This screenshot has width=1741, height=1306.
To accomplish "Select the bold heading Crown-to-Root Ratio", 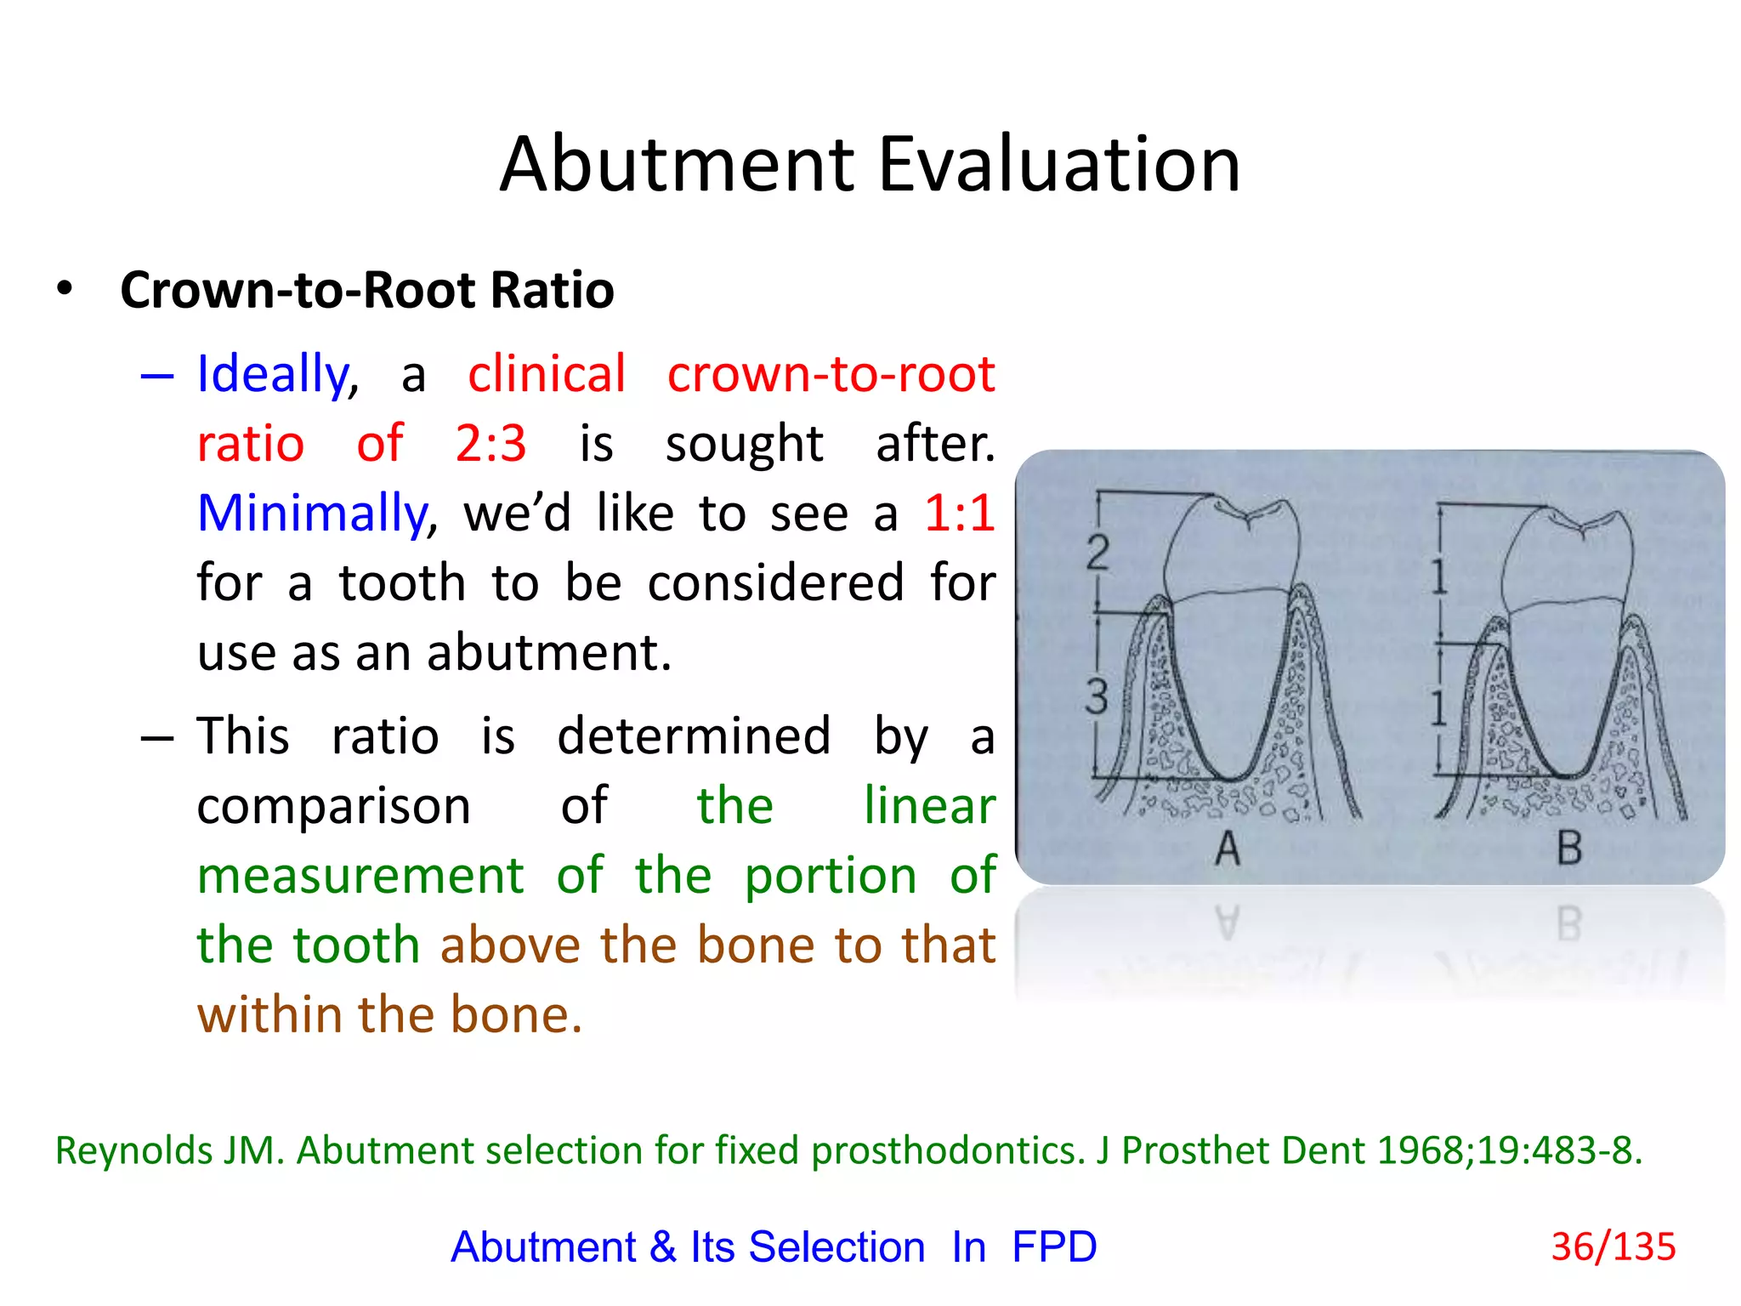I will [x=366, y=290].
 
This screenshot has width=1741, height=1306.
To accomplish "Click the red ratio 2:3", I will [x=491, y=443].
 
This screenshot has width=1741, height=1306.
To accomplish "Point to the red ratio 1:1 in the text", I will [x=959, y=514].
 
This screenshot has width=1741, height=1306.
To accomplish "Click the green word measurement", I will [x=360, y=876].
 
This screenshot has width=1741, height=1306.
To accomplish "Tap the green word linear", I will [x=929, y=806].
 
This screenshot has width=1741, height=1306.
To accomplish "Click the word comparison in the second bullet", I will [x=333, y=806].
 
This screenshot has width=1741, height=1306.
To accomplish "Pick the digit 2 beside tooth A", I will [x=1097, y=553].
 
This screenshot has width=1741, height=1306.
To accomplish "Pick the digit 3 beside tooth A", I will [x=1097, y=697].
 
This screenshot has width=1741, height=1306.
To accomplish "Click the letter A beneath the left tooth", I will [x=1228, y=848].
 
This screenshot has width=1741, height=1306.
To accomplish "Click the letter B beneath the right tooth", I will [x=1569, y=848].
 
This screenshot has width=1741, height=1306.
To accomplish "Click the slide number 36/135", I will [x=1613, y=1246].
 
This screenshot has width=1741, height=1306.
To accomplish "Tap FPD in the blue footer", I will [x=1054, y=1247].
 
